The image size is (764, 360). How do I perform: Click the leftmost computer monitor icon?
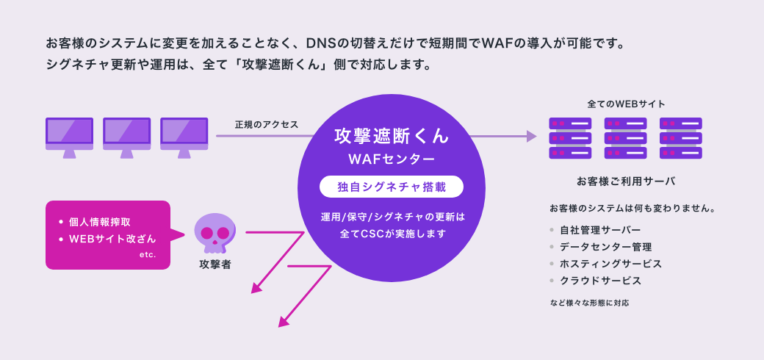[69, 136]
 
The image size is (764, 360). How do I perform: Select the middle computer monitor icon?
[126, 136]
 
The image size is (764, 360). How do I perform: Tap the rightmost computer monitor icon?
[184, 136]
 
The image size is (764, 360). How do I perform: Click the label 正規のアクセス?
[267, 124]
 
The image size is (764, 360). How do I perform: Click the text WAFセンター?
[392, 159]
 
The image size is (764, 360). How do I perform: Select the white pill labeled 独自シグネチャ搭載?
[392, 187]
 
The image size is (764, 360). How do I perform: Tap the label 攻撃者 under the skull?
[215, 264]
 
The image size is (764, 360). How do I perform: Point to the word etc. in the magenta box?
[148, 254]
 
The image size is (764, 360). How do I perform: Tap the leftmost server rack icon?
[570, 137]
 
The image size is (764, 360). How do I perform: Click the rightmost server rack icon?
[680, 137]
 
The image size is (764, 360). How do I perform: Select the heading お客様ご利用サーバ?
[626, 180]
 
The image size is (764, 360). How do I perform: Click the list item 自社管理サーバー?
[600, 229]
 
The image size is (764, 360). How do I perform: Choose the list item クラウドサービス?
[600, 281]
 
